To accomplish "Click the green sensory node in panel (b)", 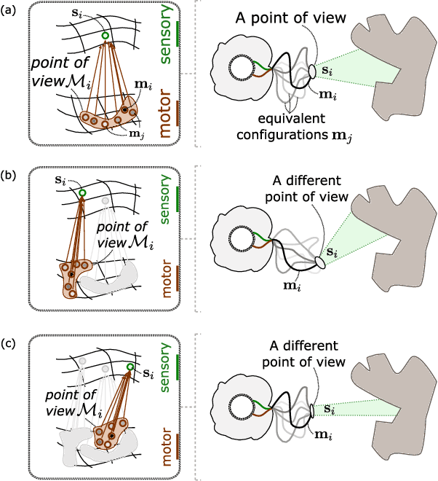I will [x=83, y=193].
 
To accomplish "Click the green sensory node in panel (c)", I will [x=131, y=366].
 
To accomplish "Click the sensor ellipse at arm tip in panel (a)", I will [x=312, y=71].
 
